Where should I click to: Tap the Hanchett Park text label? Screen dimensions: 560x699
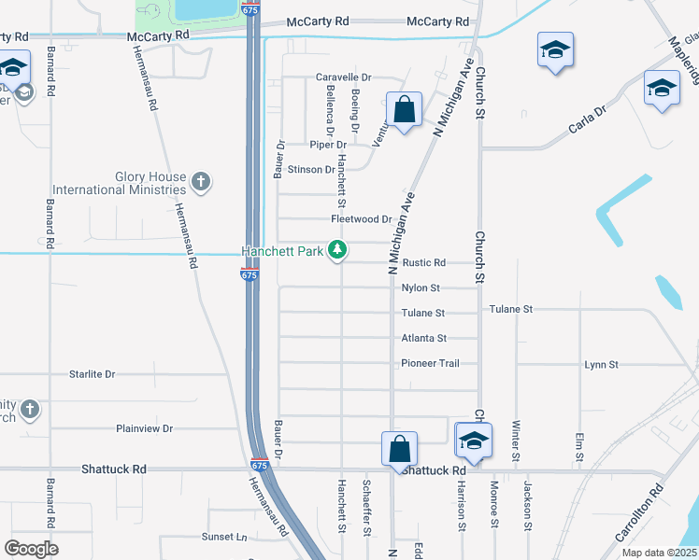pyautogui.click(x=282, y=251)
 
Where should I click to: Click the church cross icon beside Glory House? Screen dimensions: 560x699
pyautogui.click(x=200, y=180)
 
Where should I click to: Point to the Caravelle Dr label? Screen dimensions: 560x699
pyautogui.click(x=344, y=77)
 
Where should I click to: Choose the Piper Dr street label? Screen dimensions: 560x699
pyautogui.click(x=329, y=145)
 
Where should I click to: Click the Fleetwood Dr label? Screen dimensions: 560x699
pyautogui.click(x=361, y=219)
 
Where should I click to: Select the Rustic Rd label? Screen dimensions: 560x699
pyautogui.click(x=423, y=263)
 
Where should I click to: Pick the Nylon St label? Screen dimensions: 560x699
pyautogui.click(x=420, y=288)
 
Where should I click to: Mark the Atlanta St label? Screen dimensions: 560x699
pyautogui.click(x=423, y=338)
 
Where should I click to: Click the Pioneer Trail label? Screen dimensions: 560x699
pyautogui.click(x=430, y=363)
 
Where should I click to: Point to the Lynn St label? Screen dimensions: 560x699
pyautogui.click(x=601, y=364)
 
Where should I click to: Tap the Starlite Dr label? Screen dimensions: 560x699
pyautogui.click(x=92, y=374)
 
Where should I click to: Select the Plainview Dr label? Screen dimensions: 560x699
pyautogui.click(x=145, y=428)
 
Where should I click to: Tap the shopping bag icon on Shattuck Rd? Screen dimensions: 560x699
pyautogui.click(x=399, y=448)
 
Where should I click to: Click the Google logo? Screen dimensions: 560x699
pyautogui.click(x=31, y=549)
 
